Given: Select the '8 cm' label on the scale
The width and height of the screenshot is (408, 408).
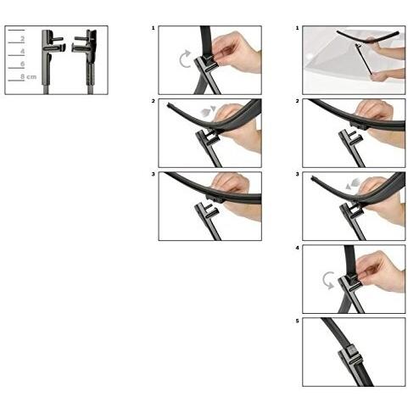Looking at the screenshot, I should click(28, 76).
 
